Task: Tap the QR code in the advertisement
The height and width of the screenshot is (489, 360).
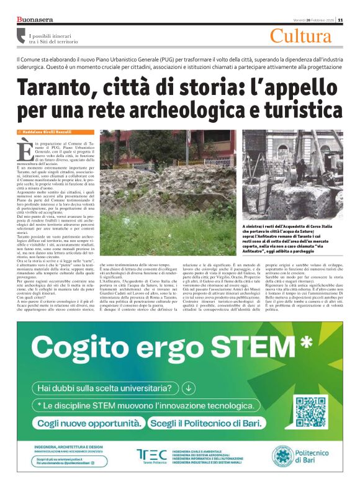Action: (310, 411)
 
